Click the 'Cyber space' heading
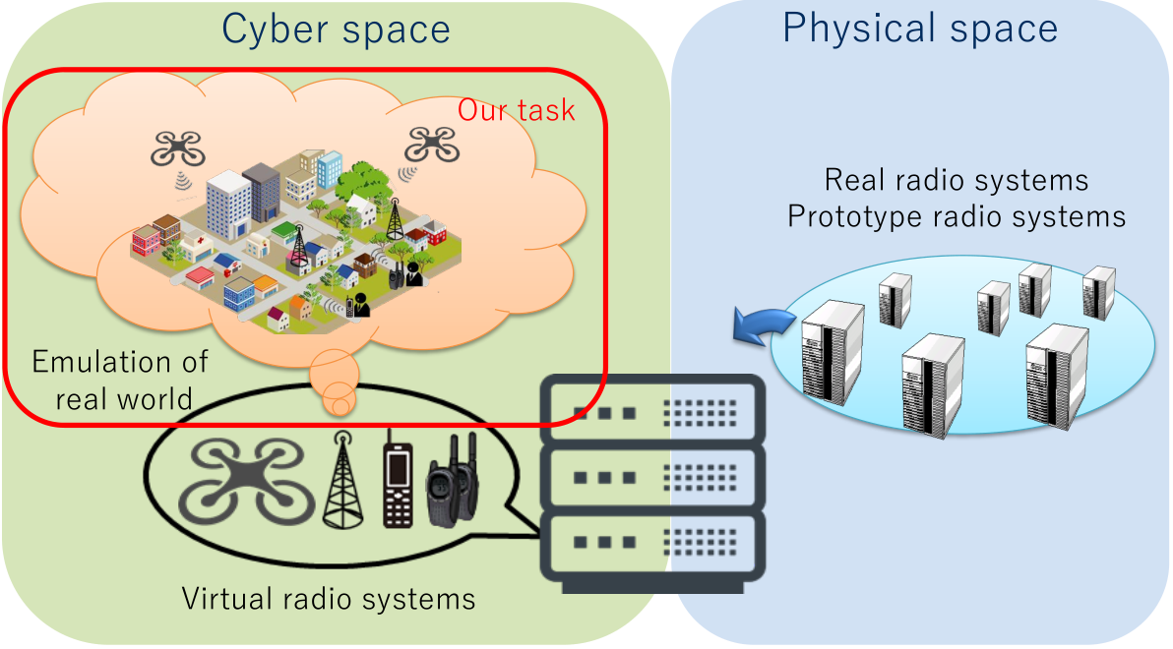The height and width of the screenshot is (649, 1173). pyautogui.click(x=337, y=29)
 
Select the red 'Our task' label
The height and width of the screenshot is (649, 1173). pyautogui.click(x=517, y=110)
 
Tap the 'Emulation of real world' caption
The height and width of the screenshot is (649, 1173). pyautogui.click(x=120, y=380)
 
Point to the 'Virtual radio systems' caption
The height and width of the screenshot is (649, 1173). pyautogui.click(x=329, y=598)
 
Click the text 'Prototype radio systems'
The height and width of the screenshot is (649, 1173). pyautogui.click(x=957, y=215)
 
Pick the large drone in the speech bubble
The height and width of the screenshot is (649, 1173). pyautogui.click(x=244, y=482)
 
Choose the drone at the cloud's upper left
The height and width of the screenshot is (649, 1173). pyautogui.click(x=177, y=148)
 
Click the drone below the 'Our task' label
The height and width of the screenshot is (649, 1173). pyautogui.click(x=431, y=144)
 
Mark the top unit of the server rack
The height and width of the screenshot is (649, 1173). pyautogui.click(x=651, y=410)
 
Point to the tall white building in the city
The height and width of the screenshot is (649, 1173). pyautogui.click(x=228, y=205)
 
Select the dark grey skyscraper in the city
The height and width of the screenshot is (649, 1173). pyautogui.click(x=263, y=191)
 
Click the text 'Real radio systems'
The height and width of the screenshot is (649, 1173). pyautogui.click(x=957, y=180)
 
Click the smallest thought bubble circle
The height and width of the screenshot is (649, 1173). pyautogui.click(x=340, y=406)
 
